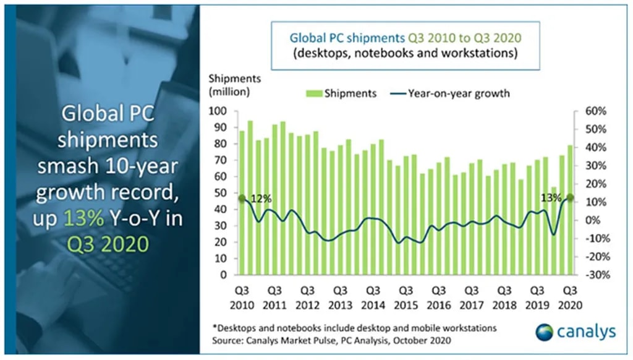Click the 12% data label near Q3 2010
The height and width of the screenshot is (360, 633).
pos(261,199)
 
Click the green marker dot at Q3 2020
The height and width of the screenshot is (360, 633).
pos(569,198)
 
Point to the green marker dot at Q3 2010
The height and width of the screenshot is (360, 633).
pos(242,199)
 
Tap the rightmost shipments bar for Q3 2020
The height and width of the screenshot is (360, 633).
pos(569,210)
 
